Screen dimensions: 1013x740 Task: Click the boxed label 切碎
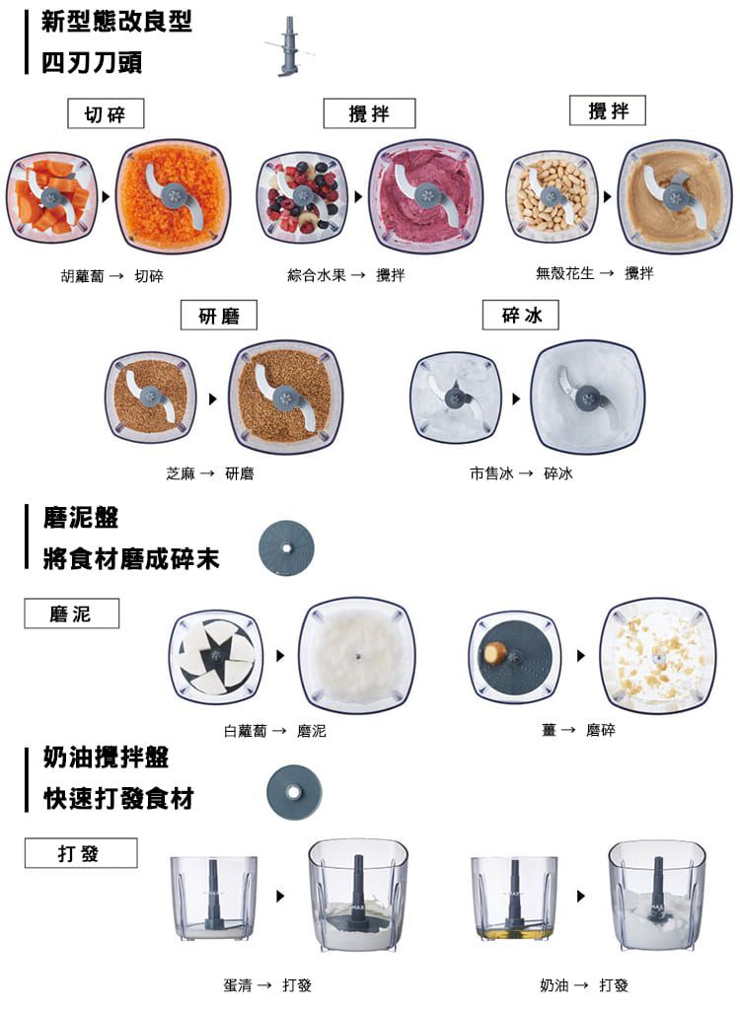pos(106,114)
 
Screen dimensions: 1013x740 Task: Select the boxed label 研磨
pos(219,316)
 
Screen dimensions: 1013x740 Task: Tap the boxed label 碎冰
pos(521,315)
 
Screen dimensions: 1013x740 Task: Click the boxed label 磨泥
pos(71,614)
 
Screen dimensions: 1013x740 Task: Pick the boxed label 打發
pos(80,853)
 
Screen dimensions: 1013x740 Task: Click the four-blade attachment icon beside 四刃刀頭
pos(286,46)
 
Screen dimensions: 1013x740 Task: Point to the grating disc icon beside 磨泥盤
pos(286,548)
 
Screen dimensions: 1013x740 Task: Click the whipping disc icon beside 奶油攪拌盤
pos(294,793)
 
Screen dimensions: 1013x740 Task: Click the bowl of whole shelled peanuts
pos(552,198)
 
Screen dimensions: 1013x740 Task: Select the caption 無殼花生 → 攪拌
pos(594,273)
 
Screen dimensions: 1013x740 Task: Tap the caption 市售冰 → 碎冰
pos(521,473)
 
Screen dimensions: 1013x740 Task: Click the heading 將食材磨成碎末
pos(131,560)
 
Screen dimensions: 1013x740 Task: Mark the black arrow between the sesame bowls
pos(211,399)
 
